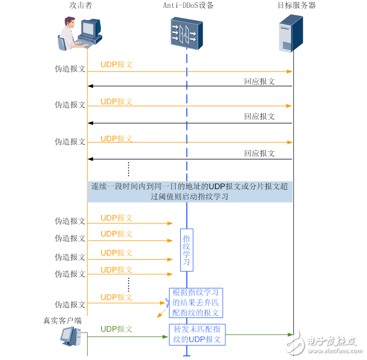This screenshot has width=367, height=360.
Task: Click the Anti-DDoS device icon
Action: (x=185, y=32)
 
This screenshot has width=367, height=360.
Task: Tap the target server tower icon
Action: (x=291, y=33)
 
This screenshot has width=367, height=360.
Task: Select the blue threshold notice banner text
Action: (x=190, y=191)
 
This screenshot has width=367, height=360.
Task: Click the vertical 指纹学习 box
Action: (x=186, y=249)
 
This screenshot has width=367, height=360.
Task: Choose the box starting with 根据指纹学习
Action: (x=196, y=303)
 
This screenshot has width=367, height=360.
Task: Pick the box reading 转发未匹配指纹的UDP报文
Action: (x=197, y=334)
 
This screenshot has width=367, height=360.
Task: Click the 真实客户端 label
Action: (x=63, y=321)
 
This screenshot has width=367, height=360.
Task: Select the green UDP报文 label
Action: (x=116, y=329)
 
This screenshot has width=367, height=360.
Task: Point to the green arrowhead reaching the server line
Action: (x=290, y=334)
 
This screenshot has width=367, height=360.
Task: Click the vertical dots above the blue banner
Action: (x=128, y=169)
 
